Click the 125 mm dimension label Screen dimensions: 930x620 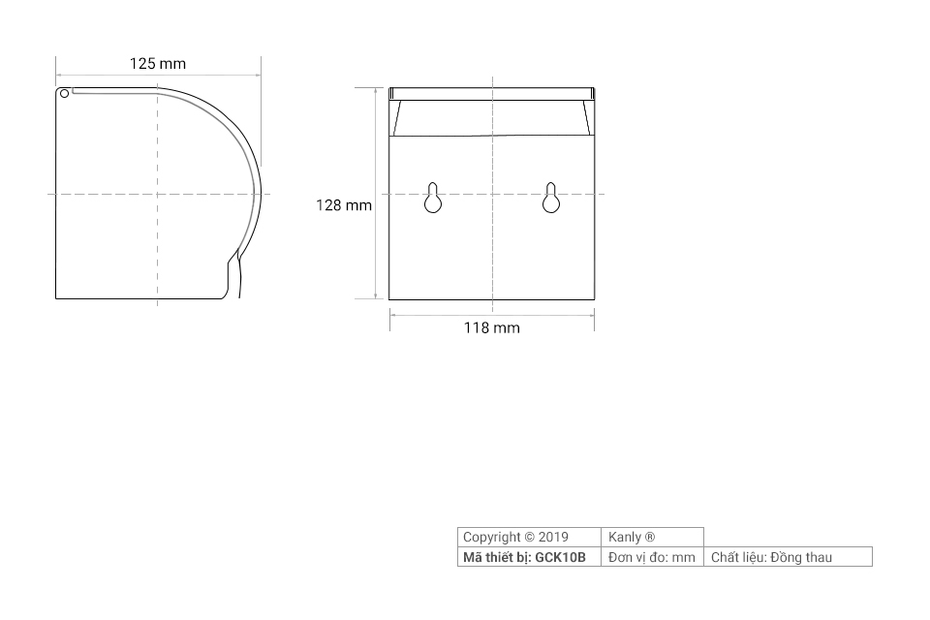click(158, 64)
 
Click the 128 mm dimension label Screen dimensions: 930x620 click(344, 205)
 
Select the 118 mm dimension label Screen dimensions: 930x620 click(492, 327)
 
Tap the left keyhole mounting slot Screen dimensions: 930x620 click(433, 198)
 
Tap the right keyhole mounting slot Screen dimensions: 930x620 click(551, 198)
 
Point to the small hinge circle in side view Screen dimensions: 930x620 click(65, 93)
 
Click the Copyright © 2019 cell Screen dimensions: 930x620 click(529, 537)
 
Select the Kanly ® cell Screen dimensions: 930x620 click(652, 537)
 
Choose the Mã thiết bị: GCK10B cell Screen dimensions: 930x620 click(529, 557)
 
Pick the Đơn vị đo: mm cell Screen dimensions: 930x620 click(652, 557)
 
